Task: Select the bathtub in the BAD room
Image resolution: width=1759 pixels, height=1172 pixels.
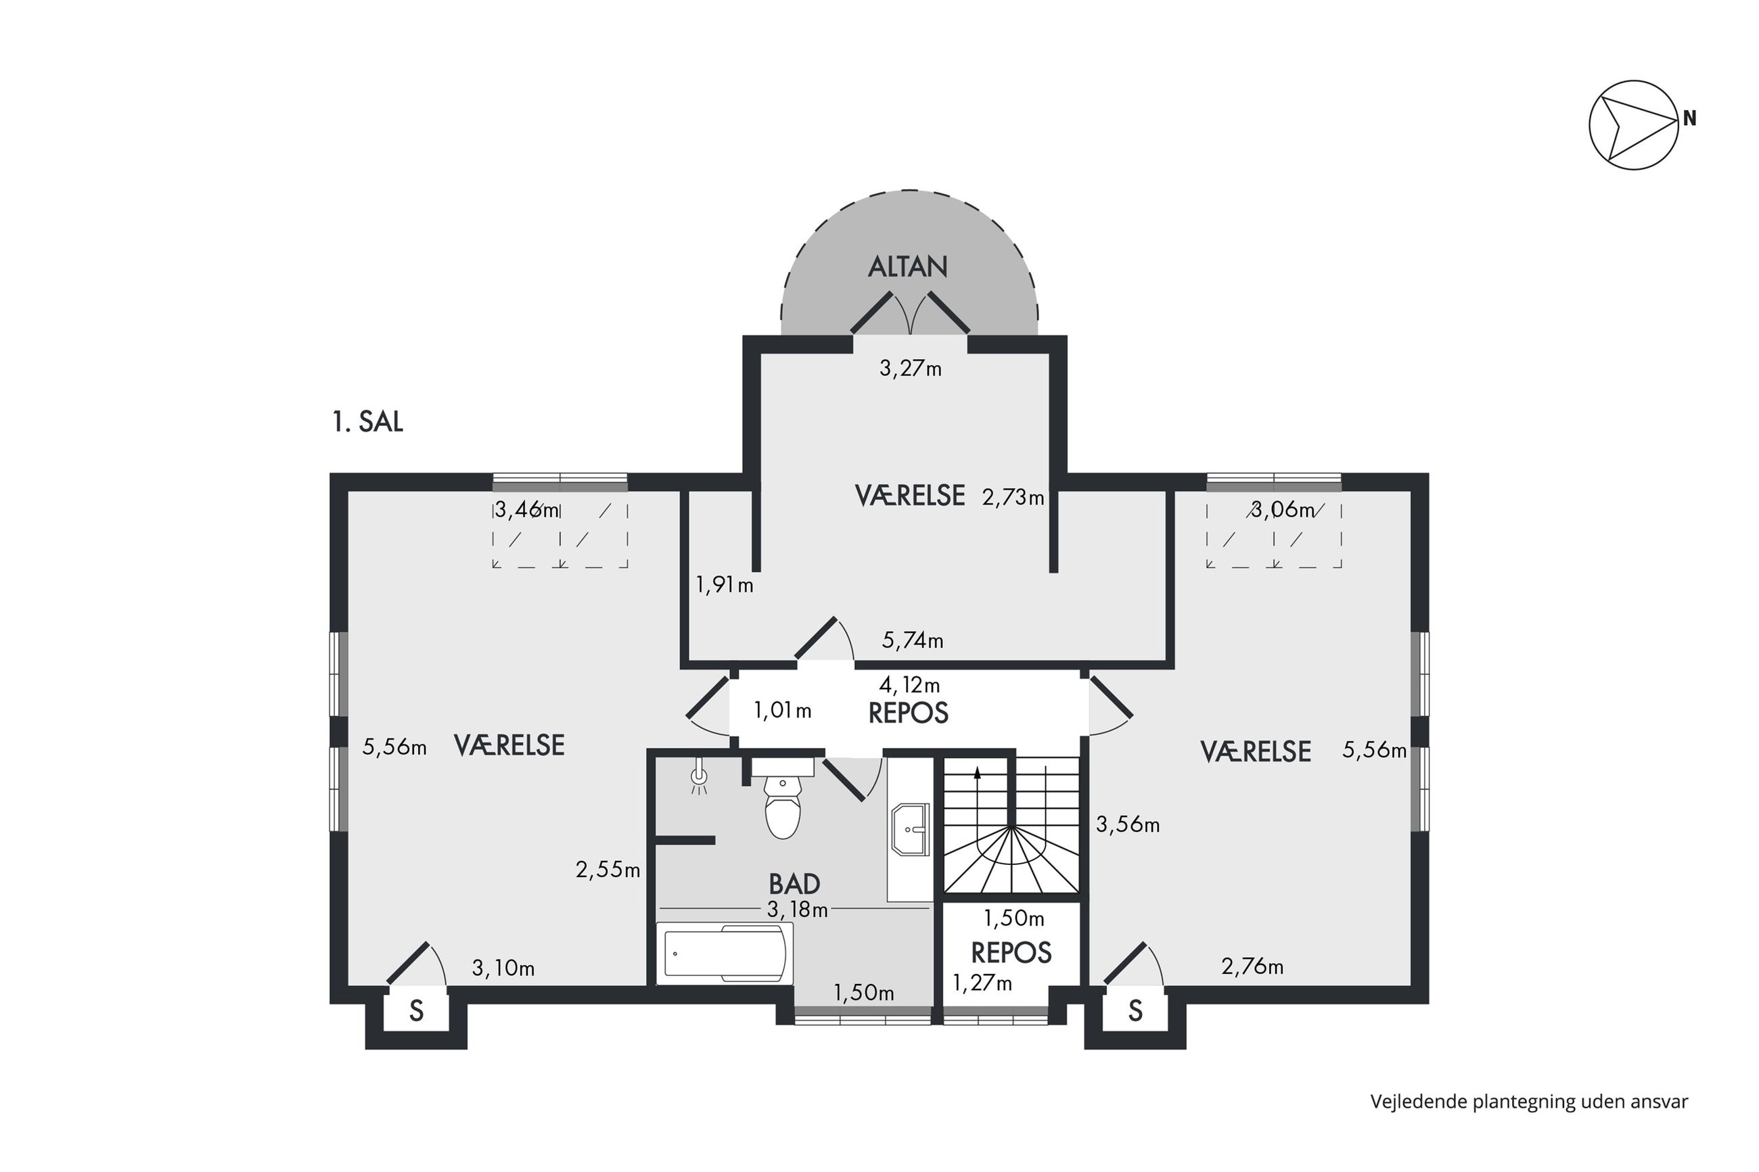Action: (x=725, y=953)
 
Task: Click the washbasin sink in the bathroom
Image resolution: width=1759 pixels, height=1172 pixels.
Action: (x=910, y=829)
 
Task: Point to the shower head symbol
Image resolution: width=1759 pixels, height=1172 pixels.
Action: (x=698, y=776)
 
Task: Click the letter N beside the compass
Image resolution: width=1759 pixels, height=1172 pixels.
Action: (x=1689, y=118)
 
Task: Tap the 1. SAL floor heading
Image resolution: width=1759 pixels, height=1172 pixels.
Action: (x=368, y=421)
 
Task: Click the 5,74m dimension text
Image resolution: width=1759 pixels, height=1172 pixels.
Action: (x=912, y=640)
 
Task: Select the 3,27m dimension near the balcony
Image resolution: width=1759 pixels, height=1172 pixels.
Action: (x=910, y=368)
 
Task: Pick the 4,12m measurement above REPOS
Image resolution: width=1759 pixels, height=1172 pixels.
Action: (x=909, y=684)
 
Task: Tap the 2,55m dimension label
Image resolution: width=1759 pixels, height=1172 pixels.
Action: (x=608, y=869)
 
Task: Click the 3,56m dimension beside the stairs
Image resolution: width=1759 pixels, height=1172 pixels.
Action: (x=1127, y=824)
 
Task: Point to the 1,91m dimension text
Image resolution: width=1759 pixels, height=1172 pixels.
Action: (x=725, y=584)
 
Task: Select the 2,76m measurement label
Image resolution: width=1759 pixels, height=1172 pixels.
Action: (x=1252, y=966)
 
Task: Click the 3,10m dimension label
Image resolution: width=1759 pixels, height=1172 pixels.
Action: (x=503, y=968)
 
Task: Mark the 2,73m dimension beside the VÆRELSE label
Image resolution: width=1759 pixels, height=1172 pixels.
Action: (x=1013, y=498)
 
